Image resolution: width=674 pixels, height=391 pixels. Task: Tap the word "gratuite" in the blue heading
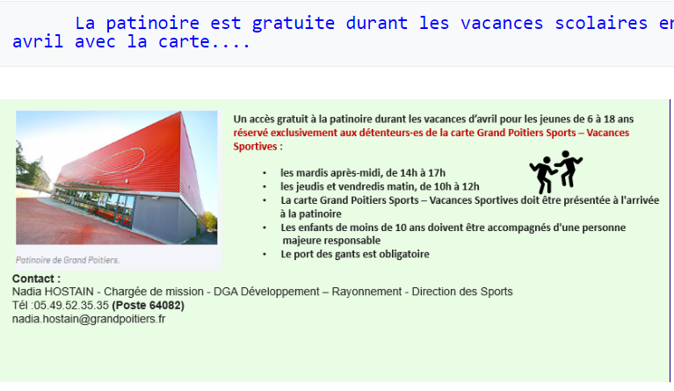[x=294, y=23]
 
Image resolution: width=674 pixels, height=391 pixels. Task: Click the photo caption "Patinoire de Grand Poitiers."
[x=68, y=260]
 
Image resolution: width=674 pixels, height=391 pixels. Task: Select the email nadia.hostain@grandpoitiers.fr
[x=89, y=319]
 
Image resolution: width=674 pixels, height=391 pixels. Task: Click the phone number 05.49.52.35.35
[x=71, y=305]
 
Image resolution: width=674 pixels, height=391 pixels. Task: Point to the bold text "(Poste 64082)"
[x=148, y=305]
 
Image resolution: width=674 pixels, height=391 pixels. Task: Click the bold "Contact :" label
[x=36, y=279]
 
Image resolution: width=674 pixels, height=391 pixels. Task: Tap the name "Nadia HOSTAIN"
[x=53, y=292]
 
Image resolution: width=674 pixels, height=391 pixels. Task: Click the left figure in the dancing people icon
[x=543, y=175]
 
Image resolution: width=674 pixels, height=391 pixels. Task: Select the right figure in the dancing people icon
[x=569, y=168]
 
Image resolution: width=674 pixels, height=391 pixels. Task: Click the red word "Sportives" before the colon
[x=256, y=147]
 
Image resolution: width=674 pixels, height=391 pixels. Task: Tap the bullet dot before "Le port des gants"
[x=265, y=254]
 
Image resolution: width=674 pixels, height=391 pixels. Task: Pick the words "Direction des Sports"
[x=462, y=292]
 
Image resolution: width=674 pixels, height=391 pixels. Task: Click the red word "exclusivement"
[x=303, y=133]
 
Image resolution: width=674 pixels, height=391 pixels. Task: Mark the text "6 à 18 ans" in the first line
[x=611, y=119]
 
